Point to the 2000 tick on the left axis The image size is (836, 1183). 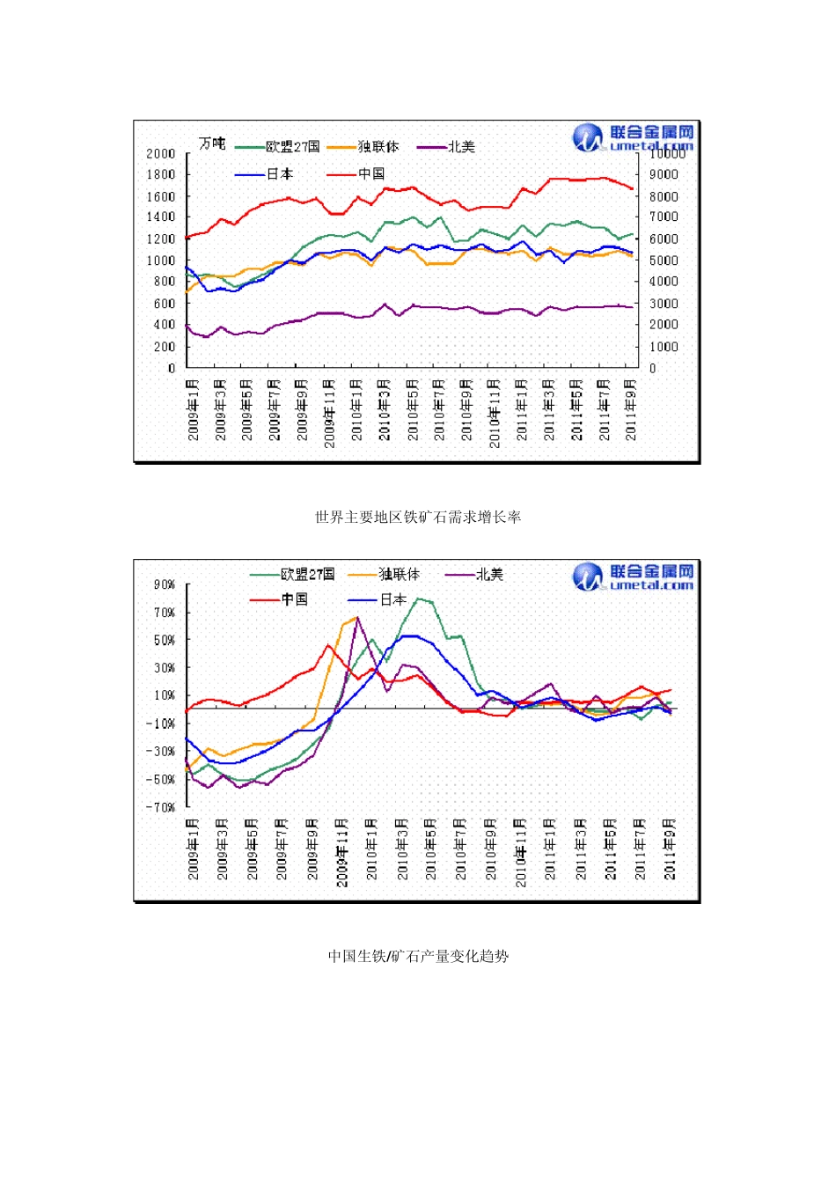(160, 154)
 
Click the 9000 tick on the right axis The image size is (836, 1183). (664, 174)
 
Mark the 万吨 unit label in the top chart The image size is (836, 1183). (211, 143)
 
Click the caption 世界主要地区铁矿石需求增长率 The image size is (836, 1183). (418, 518)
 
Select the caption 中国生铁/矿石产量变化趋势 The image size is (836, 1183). (418, 956)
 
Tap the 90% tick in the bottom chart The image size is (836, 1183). (165, 585)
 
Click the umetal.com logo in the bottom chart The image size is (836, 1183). (634, 577)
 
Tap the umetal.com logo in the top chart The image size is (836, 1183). (634, 138)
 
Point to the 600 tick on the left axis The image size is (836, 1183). (164, 304)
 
